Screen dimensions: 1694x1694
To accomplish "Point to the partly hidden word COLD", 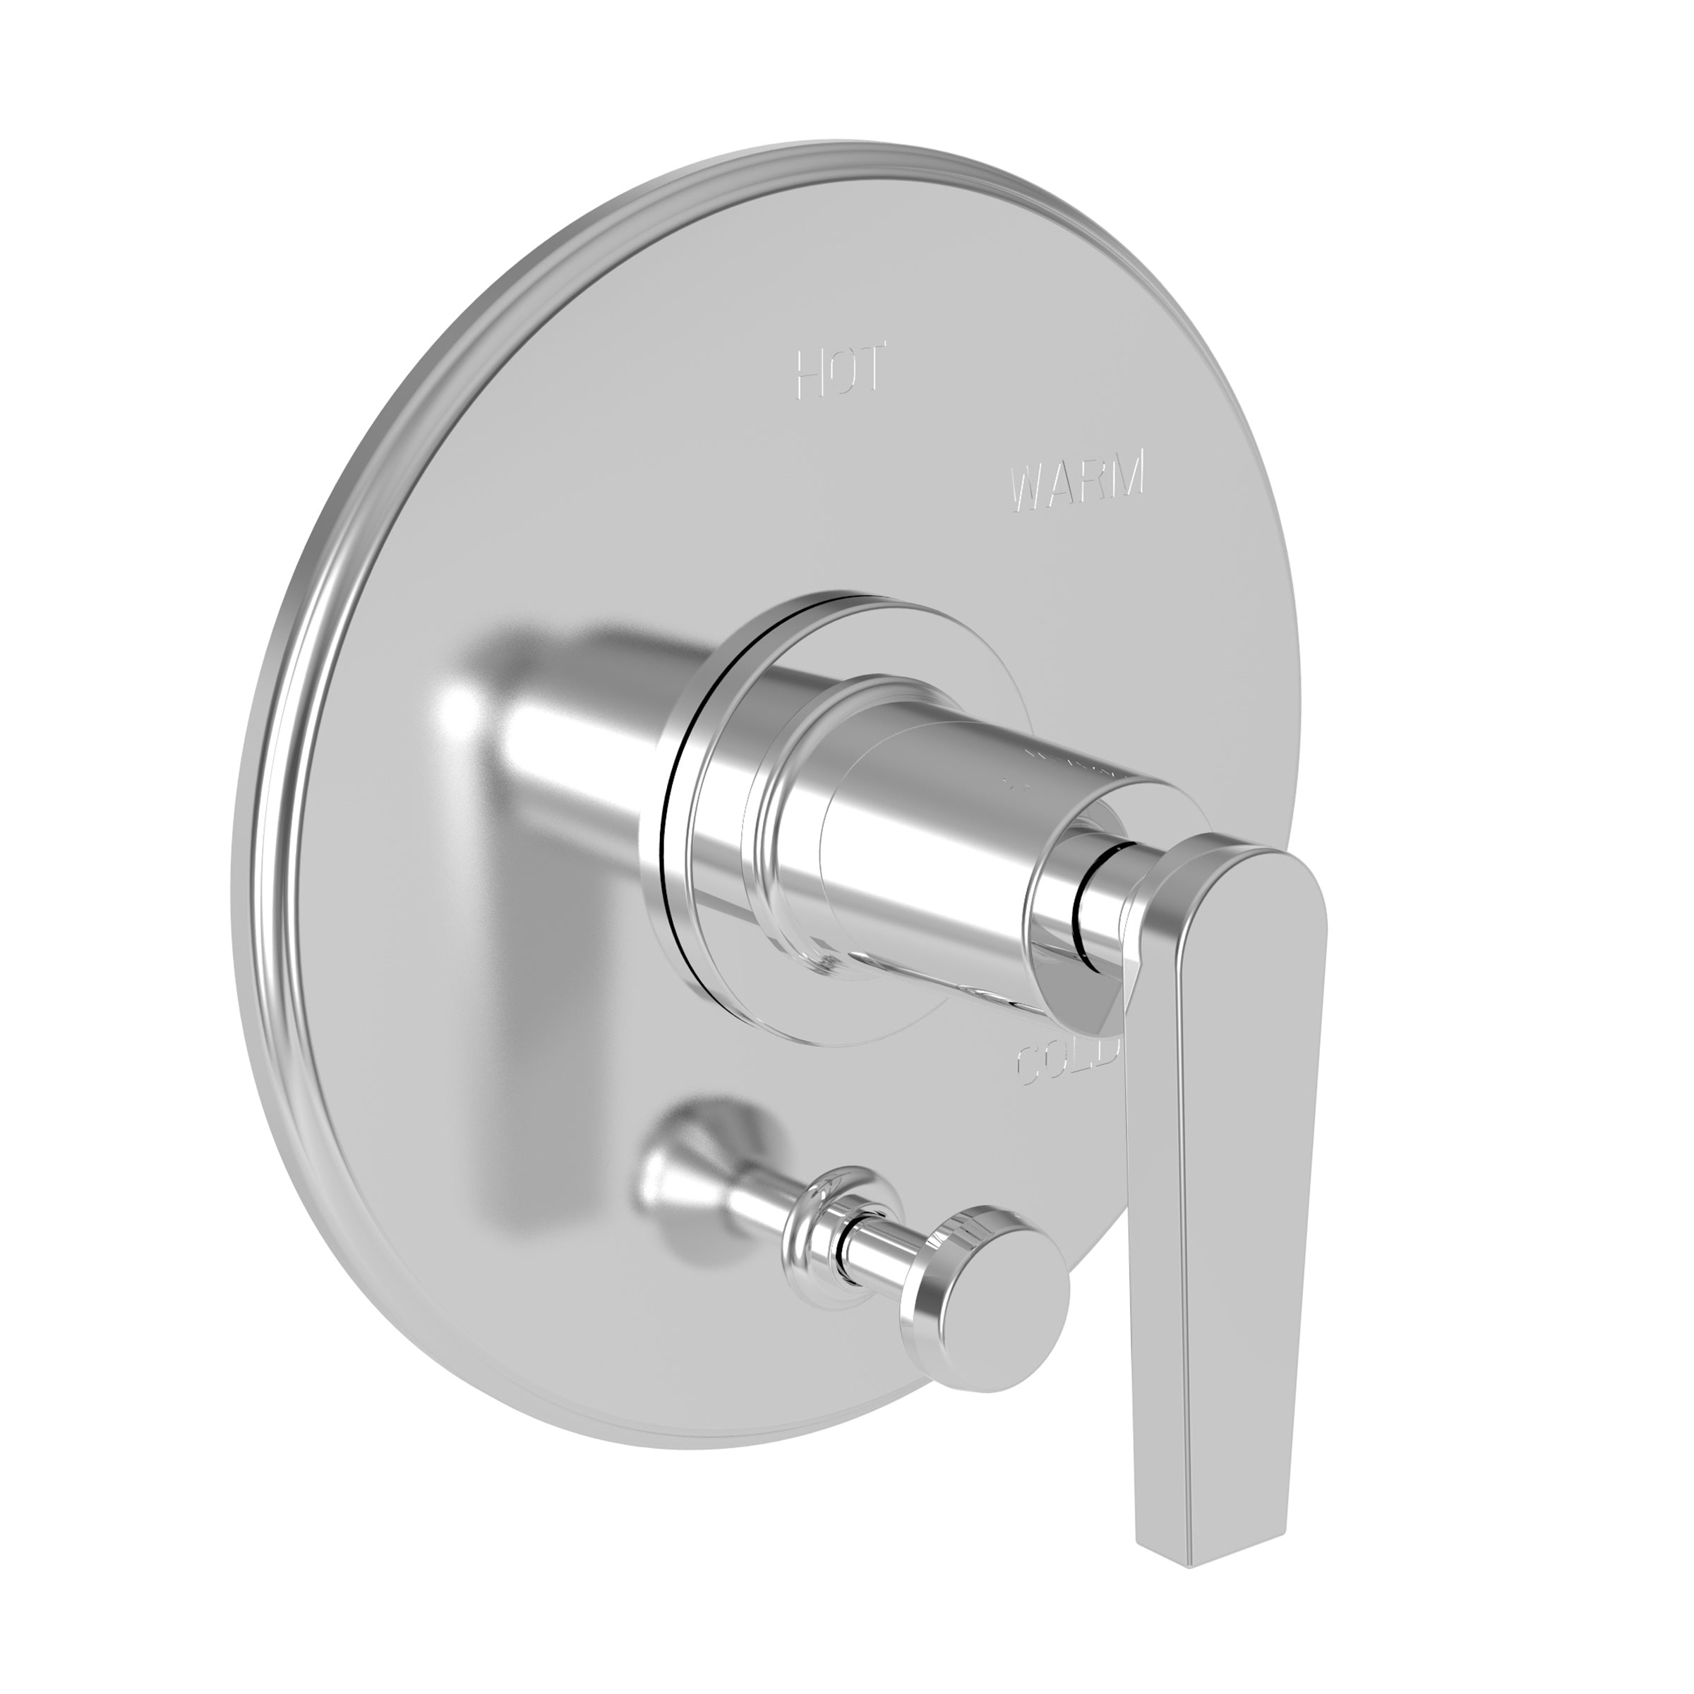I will pyautogui.click(x=1067, y=1064).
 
